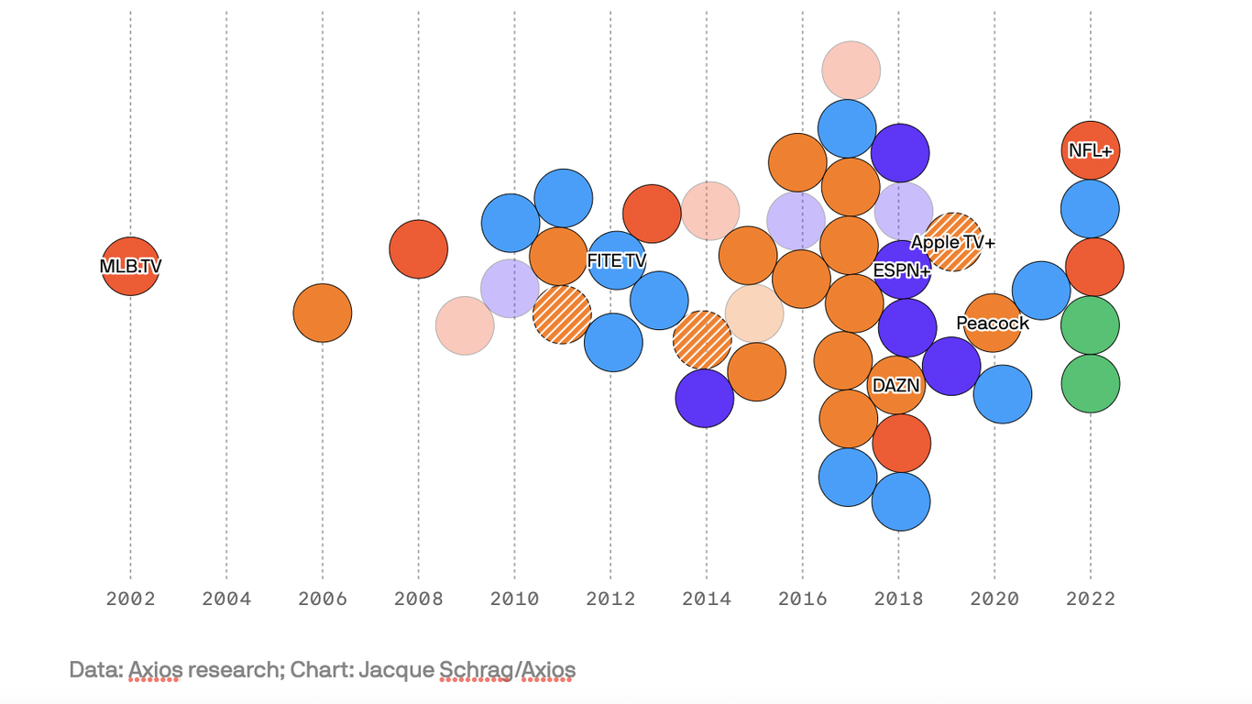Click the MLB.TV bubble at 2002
[130, 267]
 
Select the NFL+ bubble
[1090, 150]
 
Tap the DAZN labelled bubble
[895, 386]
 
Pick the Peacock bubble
[992, 324]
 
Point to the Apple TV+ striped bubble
[953, 243]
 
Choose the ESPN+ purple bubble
[902, 271]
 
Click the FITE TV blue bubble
[617, 261]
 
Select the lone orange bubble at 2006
[323, 313]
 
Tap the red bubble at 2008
[419, 249]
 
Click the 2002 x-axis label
[130, 599]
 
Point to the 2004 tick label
[226, 599]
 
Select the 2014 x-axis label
[707, 599]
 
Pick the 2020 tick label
[994, 599]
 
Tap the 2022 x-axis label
[1091, 599]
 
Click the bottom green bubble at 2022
[1090, 384]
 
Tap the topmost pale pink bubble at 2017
[851, 71]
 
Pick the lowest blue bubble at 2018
[901, 501]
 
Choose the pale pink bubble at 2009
[465, 325]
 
